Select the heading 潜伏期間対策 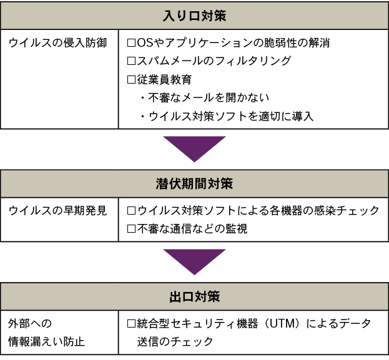[x=194, y=183]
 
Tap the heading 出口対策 [x=194, y=296]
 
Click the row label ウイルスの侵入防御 [x=58, y=43]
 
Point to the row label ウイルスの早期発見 [x=58, y=211]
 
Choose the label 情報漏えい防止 [x=44, y=341]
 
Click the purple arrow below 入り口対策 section [x=194, y=152]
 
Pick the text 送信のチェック [x=175, y=341]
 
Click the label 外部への [x=29, y=323]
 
